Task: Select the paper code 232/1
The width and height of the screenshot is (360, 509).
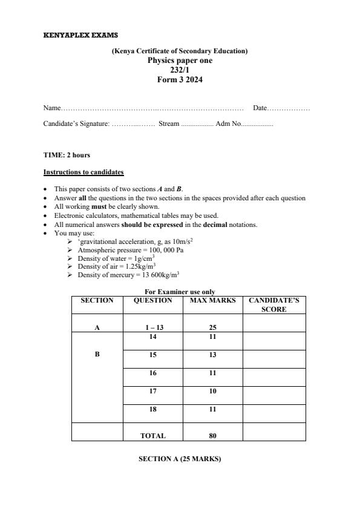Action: pyautogui.click(x=180, y=70)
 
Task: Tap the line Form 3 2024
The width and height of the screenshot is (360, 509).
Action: pyautogui.click(x=180, y=79)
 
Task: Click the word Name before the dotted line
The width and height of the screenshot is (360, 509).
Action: pyautogui.click(x=51, y=108)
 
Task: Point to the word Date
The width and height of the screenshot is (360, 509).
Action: pyautogui.click(x=260, y=108)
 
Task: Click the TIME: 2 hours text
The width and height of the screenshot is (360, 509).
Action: pyautogui.click(x=67, y=155)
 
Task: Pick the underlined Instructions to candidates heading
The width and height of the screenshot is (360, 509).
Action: pyautogui.click(x=83, y=172)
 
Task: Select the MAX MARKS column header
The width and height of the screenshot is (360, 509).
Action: pyautogui.click(x=212, y=300)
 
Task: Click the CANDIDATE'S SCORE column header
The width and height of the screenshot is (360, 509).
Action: pyautogui.click(x=273, y=304)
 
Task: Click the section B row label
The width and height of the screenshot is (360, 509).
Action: pyautogui.click(x=97, y=355)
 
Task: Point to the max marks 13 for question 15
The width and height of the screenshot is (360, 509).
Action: pyautogui.click(x=212, y=355)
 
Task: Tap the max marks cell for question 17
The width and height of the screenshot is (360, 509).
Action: pyautogui.click(x=212, y=392)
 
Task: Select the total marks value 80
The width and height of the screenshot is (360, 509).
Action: pyautogui.click(x=212, y=435)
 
